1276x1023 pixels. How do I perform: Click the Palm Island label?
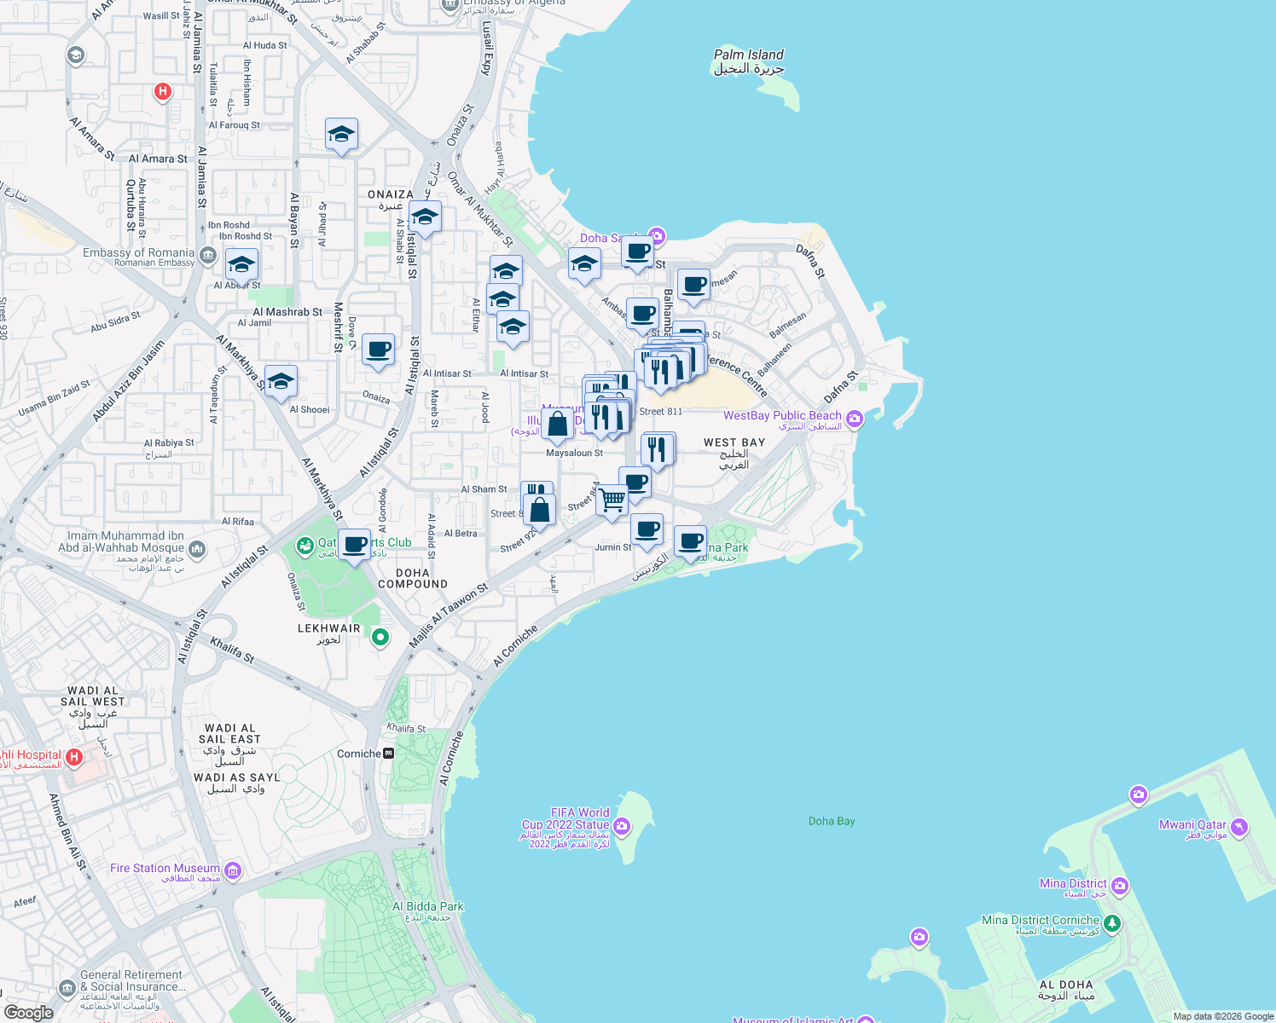[x=748, y=55]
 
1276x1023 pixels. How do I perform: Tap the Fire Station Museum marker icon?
[x=233, y=870]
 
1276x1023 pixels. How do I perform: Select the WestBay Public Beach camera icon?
[x=855, y=419]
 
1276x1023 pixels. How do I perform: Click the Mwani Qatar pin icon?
[x=1239, y=827]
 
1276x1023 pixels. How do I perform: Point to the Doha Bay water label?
[x=832, y=821]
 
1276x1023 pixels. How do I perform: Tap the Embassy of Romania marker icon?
[x=207, y=255]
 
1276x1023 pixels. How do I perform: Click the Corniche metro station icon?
[x=389, y=754]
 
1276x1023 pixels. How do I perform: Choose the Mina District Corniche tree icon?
[x=1111, y=923]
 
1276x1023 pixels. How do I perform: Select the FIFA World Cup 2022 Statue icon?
[x=622, y=825]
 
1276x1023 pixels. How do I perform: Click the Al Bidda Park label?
[x=427, y=907]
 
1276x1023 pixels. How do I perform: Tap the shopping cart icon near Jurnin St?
[x=612, y=500]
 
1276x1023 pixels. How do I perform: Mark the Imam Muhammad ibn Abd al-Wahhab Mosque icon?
[x=197, y=548]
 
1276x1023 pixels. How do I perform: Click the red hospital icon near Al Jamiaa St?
[x=163, y=91]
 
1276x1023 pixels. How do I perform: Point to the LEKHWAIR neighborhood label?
[x=328, y=628]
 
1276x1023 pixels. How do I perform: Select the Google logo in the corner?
[x=28, y=1013]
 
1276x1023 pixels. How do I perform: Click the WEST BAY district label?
[x=734, y=442]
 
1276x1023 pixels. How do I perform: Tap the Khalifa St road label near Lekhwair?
[x=232, y=650]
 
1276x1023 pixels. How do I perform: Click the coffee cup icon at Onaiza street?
[x=378, y=349]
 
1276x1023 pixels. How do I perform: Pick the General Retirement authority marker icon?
[x=67, y=987]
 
